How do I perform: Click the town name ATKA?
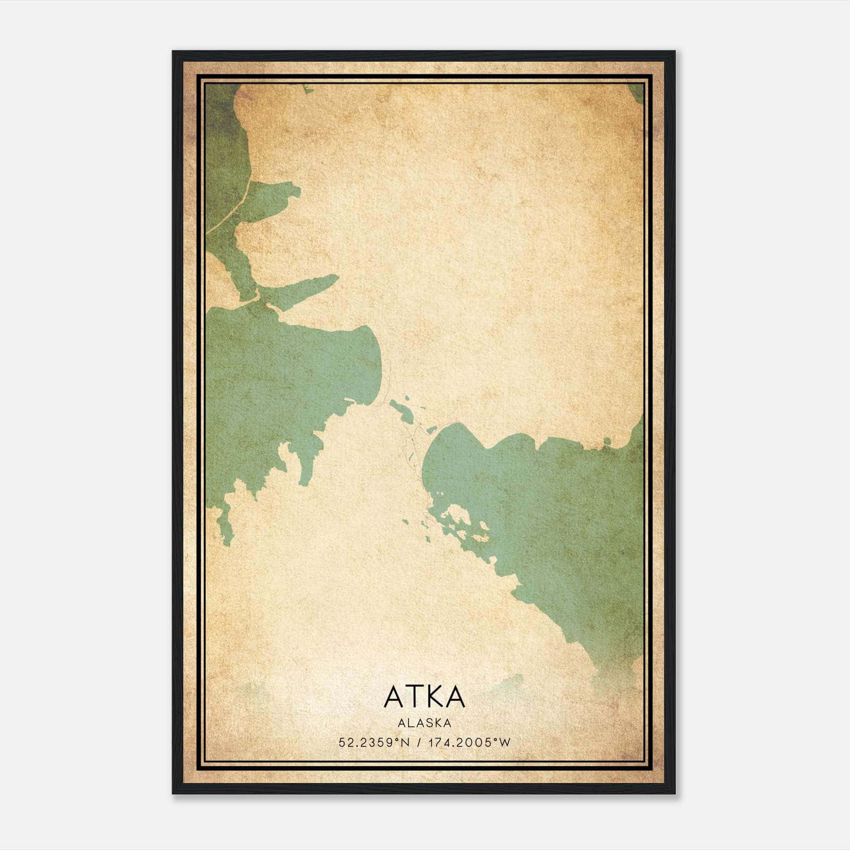pyautogui.click(x=424, y=696)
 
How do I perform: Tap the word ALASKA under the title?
pyautogui.click(x=424, y=722)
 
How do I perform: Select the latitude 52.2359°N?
pyautogui.click(x=374, y=742)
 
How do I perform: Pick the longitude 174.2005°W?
pyautogui.click(x=470, y=742)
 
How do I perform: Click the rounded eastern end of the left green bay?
pyautogui.click(x=375, y=361)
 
